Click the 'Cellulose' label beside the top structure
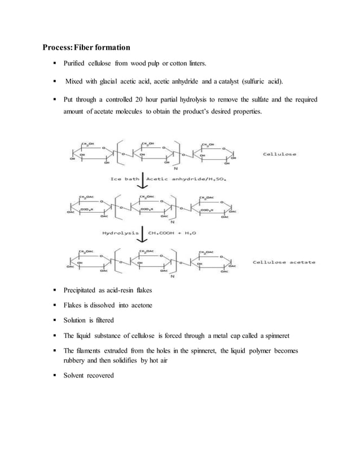280,153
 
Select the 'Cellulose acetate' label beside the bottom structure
284,263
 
